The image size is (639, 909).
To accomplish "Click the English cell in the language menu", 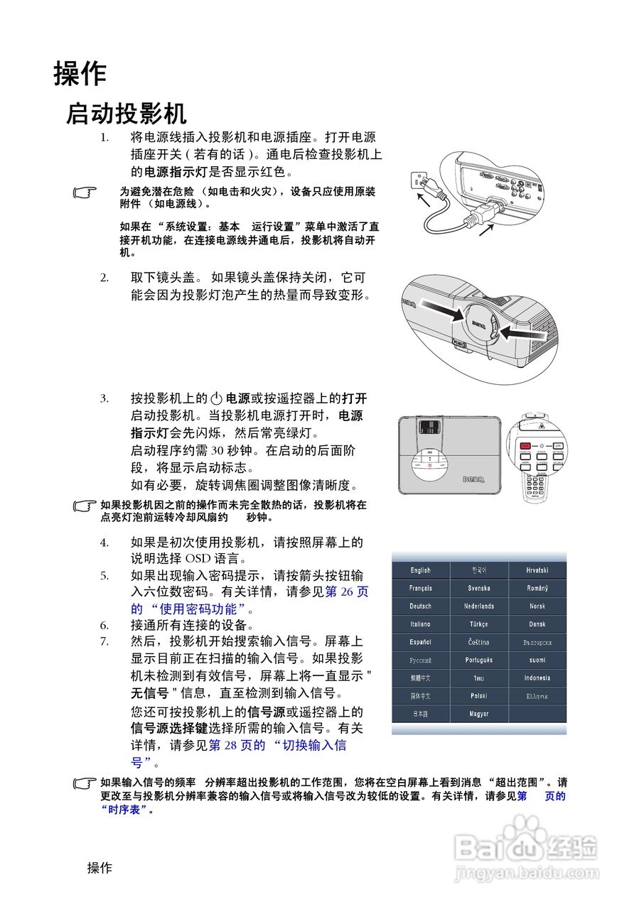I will click(420, 570).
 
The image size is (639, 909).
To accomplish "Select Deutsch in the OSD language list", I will click(420, 606).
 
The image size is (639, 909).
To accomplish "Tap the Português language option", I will click(478, 660).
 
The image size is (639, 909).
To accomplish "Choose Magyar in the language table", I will click(478, 714).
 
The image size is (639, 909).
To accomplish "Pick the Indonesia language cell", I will click(537, 678).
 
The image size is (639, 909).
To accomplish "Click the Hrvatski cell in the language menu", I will click(537, 570).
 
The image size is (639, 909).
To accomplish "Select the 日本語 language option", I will click(420, 714).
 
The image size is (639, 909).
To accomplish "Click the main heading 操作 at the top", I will click(80, 74).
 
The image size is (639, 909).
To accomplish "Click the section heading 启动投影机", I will click(126, 114).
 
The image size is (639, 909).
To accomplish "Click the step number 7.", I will click(104, 641).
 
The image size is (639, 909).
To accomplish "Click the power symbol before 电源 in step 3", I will click(218, 399).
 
